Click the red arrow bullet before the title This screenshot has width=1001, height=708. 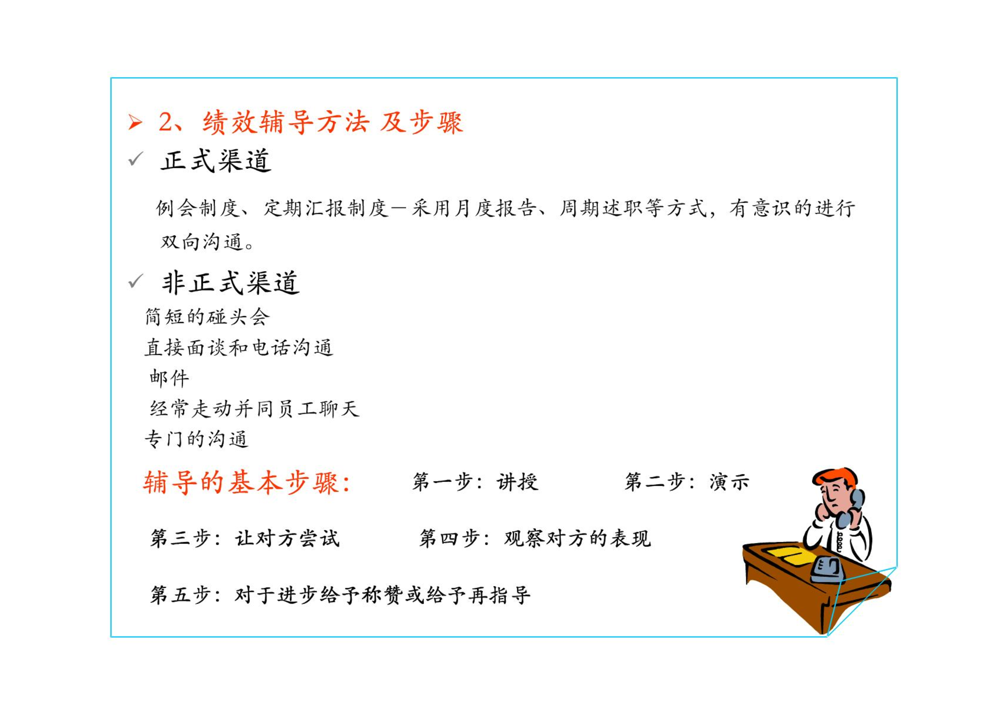pos(135,122)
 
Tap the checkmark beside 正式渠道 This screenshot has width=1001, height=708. pos(136,159)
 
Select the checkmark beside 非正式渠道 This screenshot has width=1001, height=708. pos(136,281)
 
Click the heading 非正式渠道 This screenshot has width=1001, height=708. pos(231,282)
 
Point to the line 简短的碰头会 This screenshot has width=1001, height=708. pos(207,317)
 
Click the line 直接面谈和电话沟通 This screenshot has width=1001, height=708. pos(239,347)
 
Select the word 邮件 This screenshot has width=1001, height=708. pos(169,378)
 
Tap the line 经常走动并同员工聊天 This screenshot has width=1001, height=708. pos(254,409)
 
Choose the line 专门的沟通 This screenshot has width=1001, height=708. pos(196,439)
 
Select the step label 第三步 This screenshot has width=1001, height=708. pos(180,538)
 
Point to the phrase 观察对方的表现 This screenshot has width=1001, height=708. pos(577,538)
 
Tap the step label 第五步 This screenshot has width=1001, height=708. pos(180,595)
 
